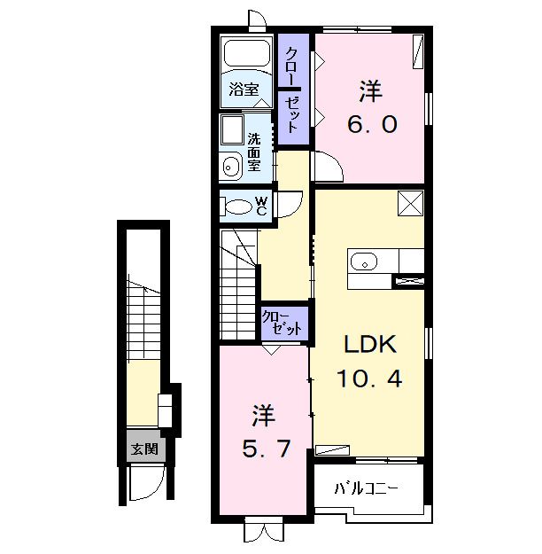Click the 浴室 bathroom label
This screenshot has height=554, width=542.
pos(244,89)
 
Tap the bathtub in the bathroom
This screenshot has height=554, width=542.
pos(247,53)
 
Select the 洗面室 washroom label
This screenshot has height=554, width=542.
pos(254,152)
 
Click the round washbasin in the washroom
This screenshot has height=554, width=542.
pos(231,167)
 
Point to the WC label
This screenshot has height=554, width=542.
pos(261,206)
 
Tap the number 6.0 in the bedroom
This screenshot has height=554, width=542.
pos(372,124)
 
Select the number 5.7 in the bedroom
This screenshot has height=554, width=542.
pos(267,449)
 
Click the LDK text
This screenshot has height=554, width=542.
pos(370,344)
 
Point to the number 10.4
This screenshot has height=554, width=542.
pos(369,378)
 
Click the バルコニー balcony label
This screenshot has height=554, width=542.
pos(367,488)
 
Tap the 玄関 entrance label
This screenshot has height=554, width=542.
pos(144,449)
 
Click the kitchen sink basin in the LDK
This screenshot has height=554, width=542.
pos(364,262)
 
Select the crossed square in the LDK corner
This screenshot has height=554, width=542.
pos(411,203)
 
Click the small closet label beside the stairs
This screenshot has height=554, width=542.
pos(282,324)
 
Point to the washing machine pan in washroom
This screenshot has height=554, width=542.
pos(232,129)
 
